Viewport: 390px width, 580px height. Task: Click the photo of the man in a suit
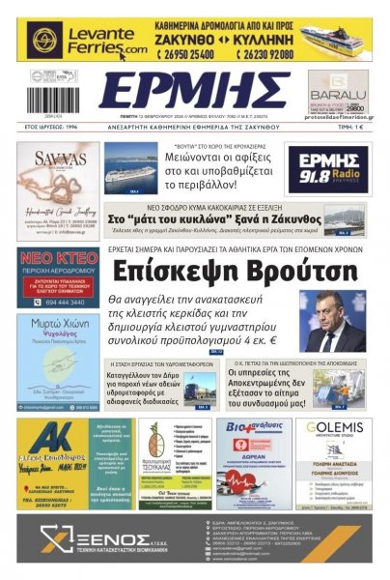[333, 322]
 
